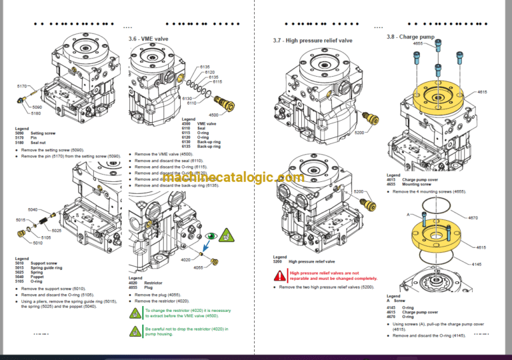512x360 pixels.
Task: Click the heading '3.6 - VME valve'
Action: coord(149,39)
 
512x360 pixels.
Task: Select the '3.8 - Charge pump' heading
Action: coord(411,37)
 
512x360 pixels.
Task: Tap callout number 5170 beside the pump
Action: coord(22,87)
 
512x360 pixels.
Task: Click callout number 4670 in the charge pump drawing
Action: coord(473,218)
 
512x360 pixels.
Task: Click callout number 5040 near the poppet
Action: coord(33,209)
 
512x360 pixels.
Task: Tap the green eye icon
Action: coord(211,235)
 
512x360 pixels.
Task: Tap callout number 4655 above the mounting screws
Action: coord(418,43)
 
